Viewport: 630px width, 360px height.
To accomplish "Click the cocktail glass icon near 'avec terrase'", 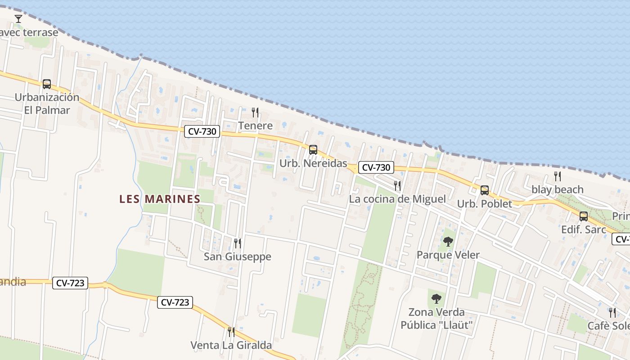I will click(x=18, y=19).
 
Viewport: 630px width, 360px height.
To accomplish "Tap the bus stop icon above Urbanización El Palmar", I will click(x=47, y=84).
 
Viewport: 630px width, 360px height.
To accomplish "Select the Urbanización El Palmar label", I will click(x=47, y=103).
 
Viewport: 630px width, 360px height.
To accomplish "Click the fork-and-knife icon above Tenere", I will click(x=255, y=112).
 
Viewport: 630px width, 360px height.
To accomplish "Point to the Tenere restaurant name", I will click(x=256, y=126).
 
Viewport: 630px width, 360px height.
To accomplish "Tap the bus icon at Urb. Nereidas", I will click(x=313, y=150).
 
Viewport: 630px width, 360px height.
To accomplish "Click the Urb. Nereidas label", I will click(x=313, y=163).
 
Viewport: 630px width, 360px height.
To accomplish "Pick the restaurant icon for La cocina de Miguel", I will click(x=397, y=185).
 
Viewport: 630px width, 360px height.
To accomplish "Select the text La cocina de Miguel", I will click(x=397, y=199).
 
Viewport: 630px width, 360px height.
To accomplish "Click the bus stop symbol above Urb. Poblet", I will click(x=485, y=190).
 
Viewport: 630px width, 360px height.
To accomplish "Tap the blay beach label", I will click(x=558, y=189).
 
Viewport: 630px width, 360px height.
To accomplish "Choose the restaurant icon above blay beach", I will click(x=558, y=176).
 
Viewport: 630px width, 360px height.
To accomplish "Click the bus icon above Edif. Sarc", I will click(x=584, y=216).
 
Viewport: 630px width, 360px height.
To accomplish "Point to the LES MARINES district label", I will click(x=160, y=199).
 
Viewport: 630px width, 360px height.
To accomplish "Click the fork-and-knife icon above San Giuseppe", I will click(x=237, y=243).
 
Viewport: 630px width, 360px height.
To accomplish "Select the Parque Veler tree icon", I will click(x=448, y=242).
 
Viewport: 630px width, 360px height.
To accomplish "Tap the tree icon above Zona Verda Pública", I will click(x=436, y=298).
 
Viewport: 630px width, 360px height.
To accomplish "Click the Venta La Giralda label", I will click(x=231, y=345).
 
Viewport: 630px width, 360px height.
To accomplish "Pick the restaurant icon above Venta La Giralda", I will click(x=231, y=332).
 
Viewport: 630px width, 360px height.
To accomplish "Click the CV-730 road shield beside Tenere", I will click(x=202, y=132).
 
